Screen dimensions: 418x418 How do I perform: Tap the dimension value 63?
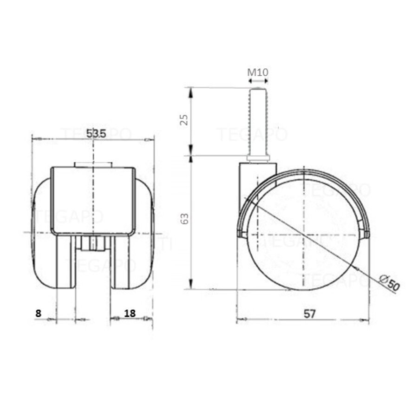184,218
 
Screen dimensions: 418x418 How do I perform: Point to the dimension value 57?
310,313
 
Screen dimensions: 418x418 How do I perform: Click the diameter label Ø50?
389,282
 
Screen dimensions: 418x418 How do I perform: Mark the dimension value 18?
130,313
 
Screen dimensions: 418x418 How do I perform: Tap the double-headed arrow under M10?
258,81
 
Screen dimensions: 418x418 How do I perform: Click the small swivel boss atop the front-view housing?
93,164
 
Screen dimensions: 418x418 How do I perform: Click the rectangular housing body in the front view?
93,200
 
